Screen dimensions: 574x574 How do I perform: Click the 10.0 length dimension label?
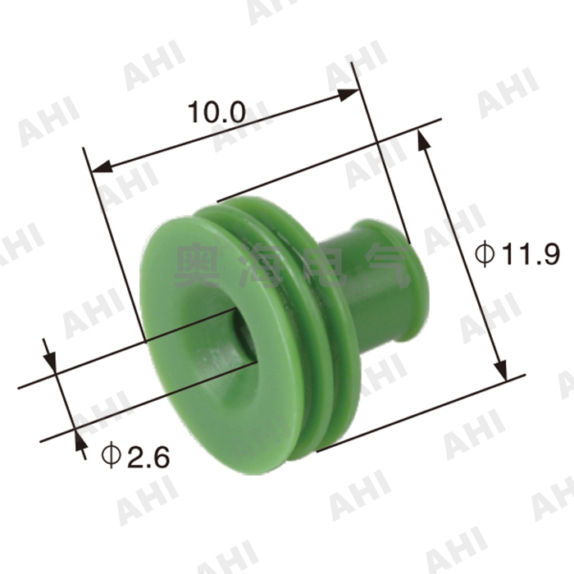(x=217, y=112)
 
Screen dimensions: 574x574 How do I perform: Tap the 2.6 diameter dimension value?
(x=148, y=456)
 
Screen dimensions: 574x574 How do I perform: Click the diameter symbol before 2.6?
(x=110, y=454)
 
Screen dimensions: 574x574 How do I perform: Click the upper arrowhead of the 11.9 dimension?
(x=424, y=141)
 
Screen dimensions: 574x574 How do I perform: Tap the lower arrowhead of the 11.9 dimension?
(x=497, y=367)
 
